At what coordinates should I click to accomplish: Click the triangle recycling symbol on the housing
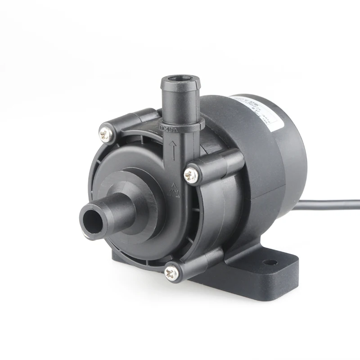173,189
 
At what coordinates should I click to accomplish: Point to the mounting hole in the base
269,261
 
